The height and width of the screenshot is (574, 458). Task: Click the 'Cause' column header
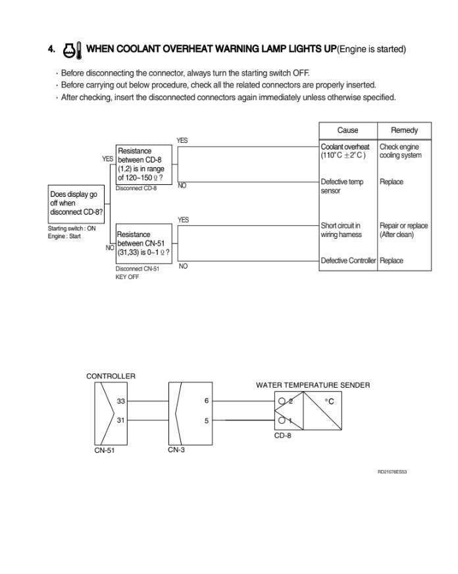pyautogui.click(x=347, y=130)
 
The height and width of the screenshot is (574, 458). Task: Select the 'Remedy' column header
pyautogui.click(x=404, y=130)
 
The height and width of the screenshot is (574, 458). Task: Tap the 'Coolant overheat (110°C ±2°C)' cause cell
pyautogui.click(x=345, y=151)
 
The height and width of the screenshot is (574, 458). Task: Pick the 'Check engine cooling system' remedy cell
pyautogui.click(x=401, y=151)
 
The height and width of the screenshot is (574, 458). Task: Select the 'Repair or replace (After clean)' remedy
pyautogui.click(x=403, y=230)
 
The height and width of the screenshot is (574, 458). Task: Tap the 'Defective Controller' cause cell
pyautogui.click(x=348, y=261)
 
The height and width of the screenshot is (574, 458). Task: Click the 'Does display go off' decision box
pyautogui.click(x=76, y=203)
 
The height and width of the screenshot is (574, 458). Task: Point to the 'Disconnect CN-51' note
pyautogui.click(x=138, y=269)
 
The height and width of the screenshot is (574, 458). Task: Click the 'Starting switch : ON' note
pyautogui.click(x=71, y=228)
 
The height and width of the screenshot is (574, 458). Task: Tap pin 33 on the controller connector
pyautogui.click(x=120, y=401)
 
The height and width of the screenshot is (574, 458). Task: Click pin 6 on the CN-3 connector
pyautogui.click(x=207, y=401)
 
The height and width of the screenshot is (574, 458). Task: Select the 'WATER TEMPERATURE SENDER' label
pyautogui.click(x=313, y=385)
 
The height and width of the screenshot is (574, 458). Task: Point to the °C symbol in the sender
pyautogui.click(x=329, y=402)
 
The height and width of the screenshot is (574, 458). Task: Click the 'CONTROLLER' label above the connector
pyautogui.click(x=111, y=376)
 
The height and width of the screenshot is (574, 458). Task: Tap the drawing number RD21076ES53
pyautogui.click(x=392, y=472)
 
